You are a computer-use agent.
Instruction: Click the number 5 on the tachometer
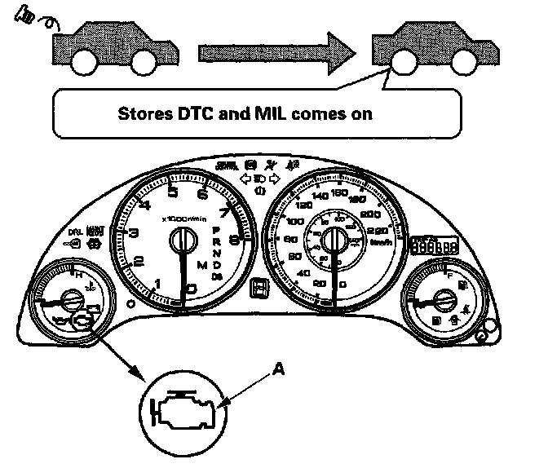point(173,192)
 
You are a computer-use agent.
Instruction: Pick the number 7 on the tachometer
point(223,214)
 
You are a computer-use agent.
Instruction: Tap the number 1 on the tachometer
point(158,283)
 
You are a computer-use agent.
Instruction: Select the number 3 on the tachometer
point(133,235)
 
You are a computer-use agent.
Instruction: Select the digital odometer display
point(433,246)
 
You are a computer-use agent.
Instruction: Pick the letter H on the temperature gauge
point(77,276)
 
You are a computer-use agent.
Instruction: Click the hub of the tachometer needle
point(180,241)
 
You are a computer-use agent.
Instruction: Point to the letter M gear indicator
point(201,265)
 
